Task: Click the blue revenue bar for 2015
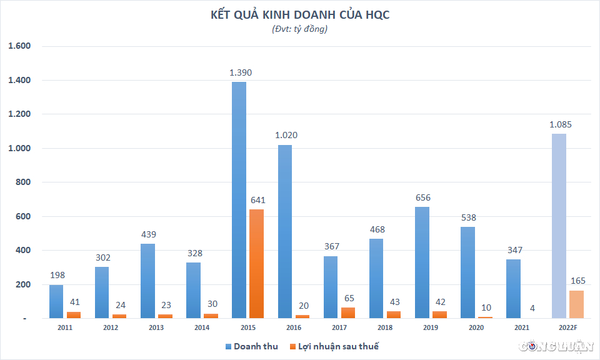239,200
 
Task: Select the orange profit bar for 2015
256,264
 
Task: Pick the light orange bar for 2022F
576,304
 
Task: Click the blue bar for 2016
284,231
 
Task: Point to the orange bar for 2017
348,312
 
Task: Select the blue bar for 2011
56,301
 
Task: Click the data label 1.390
241,72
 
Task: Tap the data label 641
257,200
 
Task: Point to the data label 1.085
560,124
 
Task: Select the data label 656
422,197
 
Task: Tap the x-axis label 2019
430,327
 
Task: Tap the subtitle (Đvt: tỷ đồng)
300,29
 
